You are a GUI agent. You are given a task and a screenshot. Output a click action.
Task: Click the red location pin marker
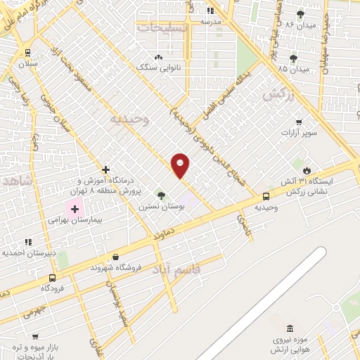point(181,166)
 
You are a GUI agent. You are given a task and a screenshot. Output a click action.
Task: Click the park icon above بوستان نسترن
point(162,195)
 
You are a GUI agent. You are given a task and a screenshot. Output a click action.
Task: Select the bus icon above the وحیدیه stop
point(266,197)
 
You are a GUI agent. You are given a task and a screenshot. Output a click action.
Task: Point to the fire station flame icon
point(307,170)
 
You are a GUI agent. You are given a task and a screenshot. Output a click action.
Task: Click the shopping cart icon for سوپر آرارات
point(300,121)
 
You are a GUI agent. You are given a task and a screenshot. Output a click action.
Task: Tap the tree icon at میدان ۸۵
point(293,58)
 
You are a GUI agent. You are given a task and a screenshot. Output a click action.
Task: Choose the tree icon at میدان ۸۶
point(300,14)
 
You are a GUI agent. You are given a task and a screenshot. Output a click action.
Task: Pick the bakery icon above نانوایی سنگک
point(158,57)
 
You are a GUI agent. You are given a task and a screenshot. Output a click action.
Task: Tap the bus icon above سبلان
point(27,52)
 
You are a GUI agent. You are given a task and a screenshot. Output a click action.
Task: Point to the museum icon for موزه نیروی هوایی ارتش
point(290,328)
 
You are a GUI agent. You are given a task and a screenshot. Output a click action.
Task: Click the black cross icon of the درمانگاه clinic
point(105,169)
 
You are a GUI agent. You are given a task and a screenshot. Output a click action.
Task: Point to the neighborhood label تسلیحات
point(163,27)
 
